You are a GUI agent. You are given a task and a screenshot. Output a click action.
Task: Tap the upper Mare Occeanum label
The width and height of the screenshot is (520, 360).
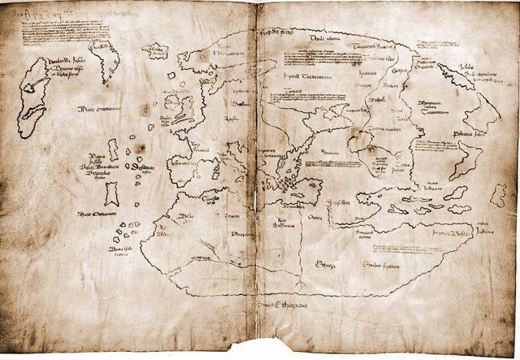(98, 110)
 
